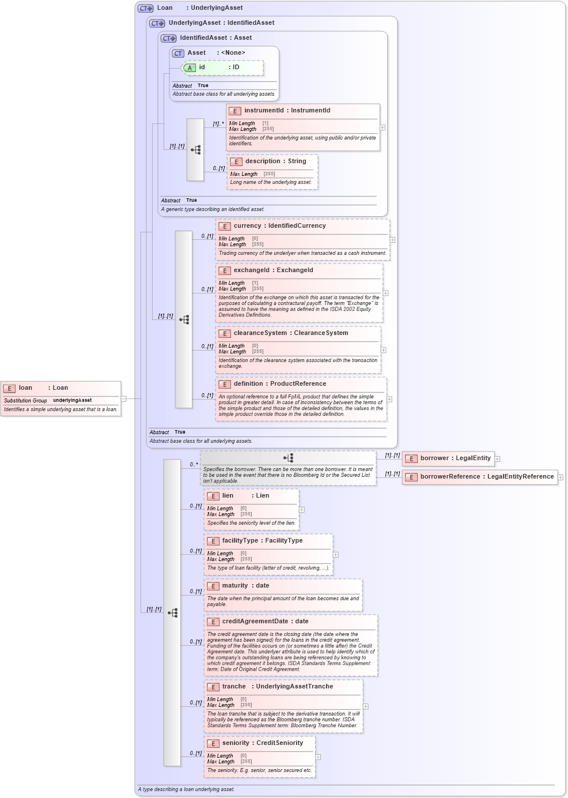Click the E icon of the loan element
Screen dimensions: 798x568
[x=9, y=389]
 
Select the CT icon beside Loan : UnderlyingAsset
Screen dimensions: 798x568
[x=145, y=8]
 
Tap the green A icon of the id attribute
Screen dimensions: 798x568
[x=189, y=68]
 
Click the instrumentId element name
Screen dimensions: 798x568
[x=264, y=111]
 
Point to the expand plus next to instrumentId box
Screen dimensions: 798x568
[x=383, y=127]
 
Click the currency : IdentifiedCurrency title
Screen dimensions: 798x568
[x=279, y=226]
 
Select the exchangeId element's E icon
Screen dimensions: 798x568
[x=224, y=271]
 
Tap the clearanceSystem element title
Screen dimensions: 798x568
[x=290, y=333]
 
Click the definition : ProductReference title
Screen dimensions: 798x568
[x=279, y=384]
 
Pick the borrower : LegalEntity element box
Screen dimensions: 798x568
[x=448, y=459]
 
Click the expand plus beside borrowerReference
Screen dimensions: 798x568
[x=561, y=477]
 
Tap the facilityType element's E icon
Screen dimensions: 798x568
[x=213, y=541]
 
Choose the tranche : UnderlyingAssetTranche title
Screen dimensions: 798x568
[x=277, y=687]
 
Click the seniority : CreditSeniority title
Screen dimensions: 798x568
[x=262, y=743]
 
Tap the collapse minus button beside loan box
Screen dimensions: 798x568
[x=124, y=398]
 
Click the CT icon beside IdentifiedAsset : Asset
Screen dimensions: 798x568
[x=168, y=39]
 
